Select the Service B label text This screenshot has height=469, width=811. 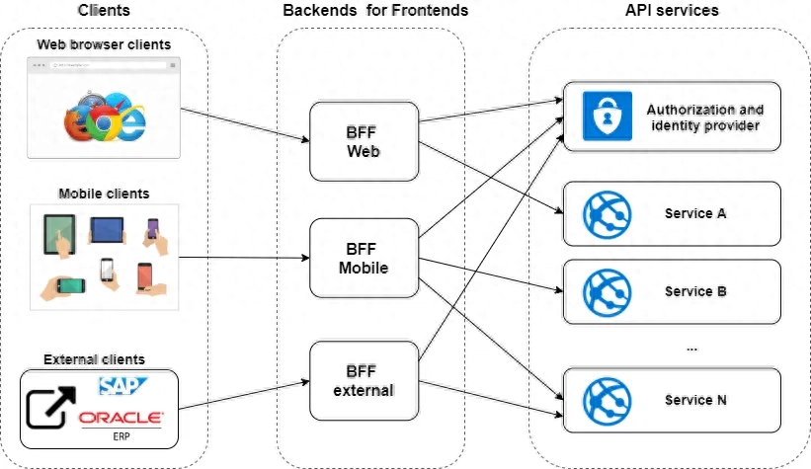point(695,291)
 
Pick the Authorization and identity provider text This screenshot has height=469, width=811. point(703,117)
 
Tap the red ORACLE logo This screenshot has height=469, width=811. point(122,418)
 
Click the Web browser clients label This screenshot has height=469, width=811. point(103,44)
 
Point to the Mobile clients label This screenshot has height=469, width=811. point(103,194)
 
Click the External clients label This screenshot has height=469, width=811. point(94,359)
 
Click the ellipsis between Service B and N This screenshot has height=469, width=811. point(690,347)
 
